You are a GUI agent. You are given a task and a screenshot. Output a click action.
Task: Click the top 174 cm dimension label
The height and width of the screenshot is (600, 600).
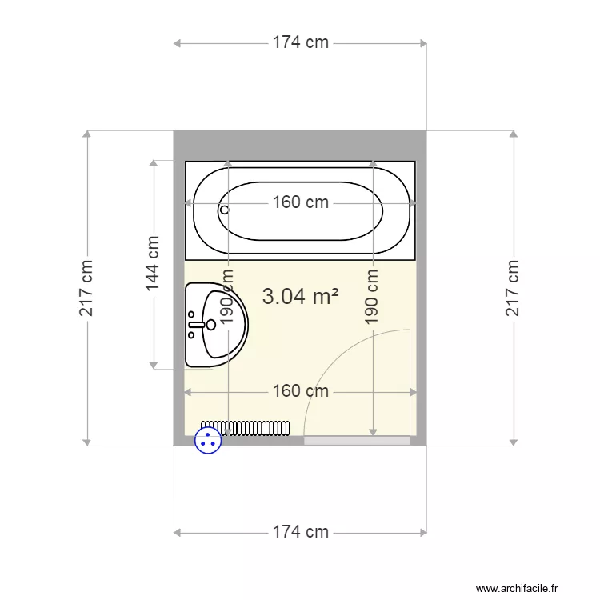(x=300, y=42)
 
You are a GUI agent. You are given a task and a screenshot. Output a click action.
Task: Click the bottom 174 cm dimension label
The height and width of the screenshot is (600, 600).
(x=300, y=532)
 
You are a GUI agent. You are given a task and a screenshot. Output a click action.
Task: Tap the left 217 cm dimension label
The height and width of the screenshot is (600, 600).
(x=86, y=288)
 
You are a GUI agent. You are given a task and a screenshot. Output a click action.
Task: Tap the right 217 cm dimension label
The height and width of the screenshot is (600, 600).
(x=513, y=288)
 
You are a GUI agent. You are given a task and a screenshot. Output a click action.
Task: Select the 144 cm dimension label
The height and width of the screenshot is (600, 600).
(x=152, y=263)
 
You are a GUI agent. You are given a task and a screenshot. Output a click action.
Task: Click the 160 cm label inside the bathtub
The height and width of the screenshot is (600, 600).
(x=300, y=202)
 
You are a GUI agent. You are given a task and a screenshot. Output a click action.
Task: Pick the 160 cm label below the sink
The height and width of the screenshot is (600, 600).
(x=300, y=391)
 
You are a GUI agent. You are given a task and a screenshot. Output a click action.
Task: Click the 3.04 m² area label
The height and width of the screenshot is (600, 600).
(x=300, y=296)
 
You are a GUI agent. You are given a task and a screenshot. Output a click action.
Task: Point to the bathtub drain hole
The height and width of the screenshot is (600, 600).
(x=225, y=210)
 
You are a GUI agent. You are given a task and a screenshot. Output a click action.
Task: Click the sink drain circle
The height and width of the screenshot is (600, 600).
(x=211, y=325)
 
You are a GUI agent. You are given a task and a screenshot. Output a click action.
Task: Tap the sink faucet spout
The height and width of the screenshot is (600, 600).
(x=197, y=325)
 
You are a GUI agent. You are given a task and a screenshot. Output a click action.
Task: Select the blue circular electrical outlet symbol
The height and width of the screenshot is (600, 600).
(x=208, y=441)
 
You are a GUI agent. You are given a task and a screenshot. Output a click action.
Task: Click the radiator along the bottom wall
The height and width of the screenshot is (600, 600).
(x=246, y=428)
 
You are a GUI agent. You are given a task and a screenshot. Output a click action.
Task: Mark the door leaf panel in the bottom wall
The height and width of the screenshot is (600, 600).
(x=357, y=441)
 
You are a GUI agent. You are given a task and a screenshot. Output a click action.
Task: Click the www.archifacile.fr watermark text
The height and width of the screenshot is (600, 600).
(x=517, y=588)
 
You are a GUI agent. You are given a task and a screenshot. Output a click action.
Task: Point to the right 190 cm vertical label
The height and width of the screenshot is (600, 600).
(x=372, y=297)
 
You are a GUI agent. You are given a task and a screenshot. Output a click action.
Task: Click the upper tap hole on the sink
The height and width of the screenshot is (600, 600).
(x=191, y=314)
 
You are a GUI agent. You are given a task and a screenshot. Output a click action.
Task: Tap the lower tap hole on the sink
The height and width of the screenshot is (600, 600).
(x=191, y=335)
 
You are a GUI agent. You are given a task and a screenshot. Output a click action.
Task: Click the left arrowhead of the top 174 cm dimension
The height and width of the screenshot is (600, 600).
(x=177, y=44)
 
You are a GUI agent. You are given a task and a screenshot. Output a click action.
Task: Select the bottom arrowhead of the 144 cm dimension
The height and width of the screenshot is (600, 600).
(x=154, y=366)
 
